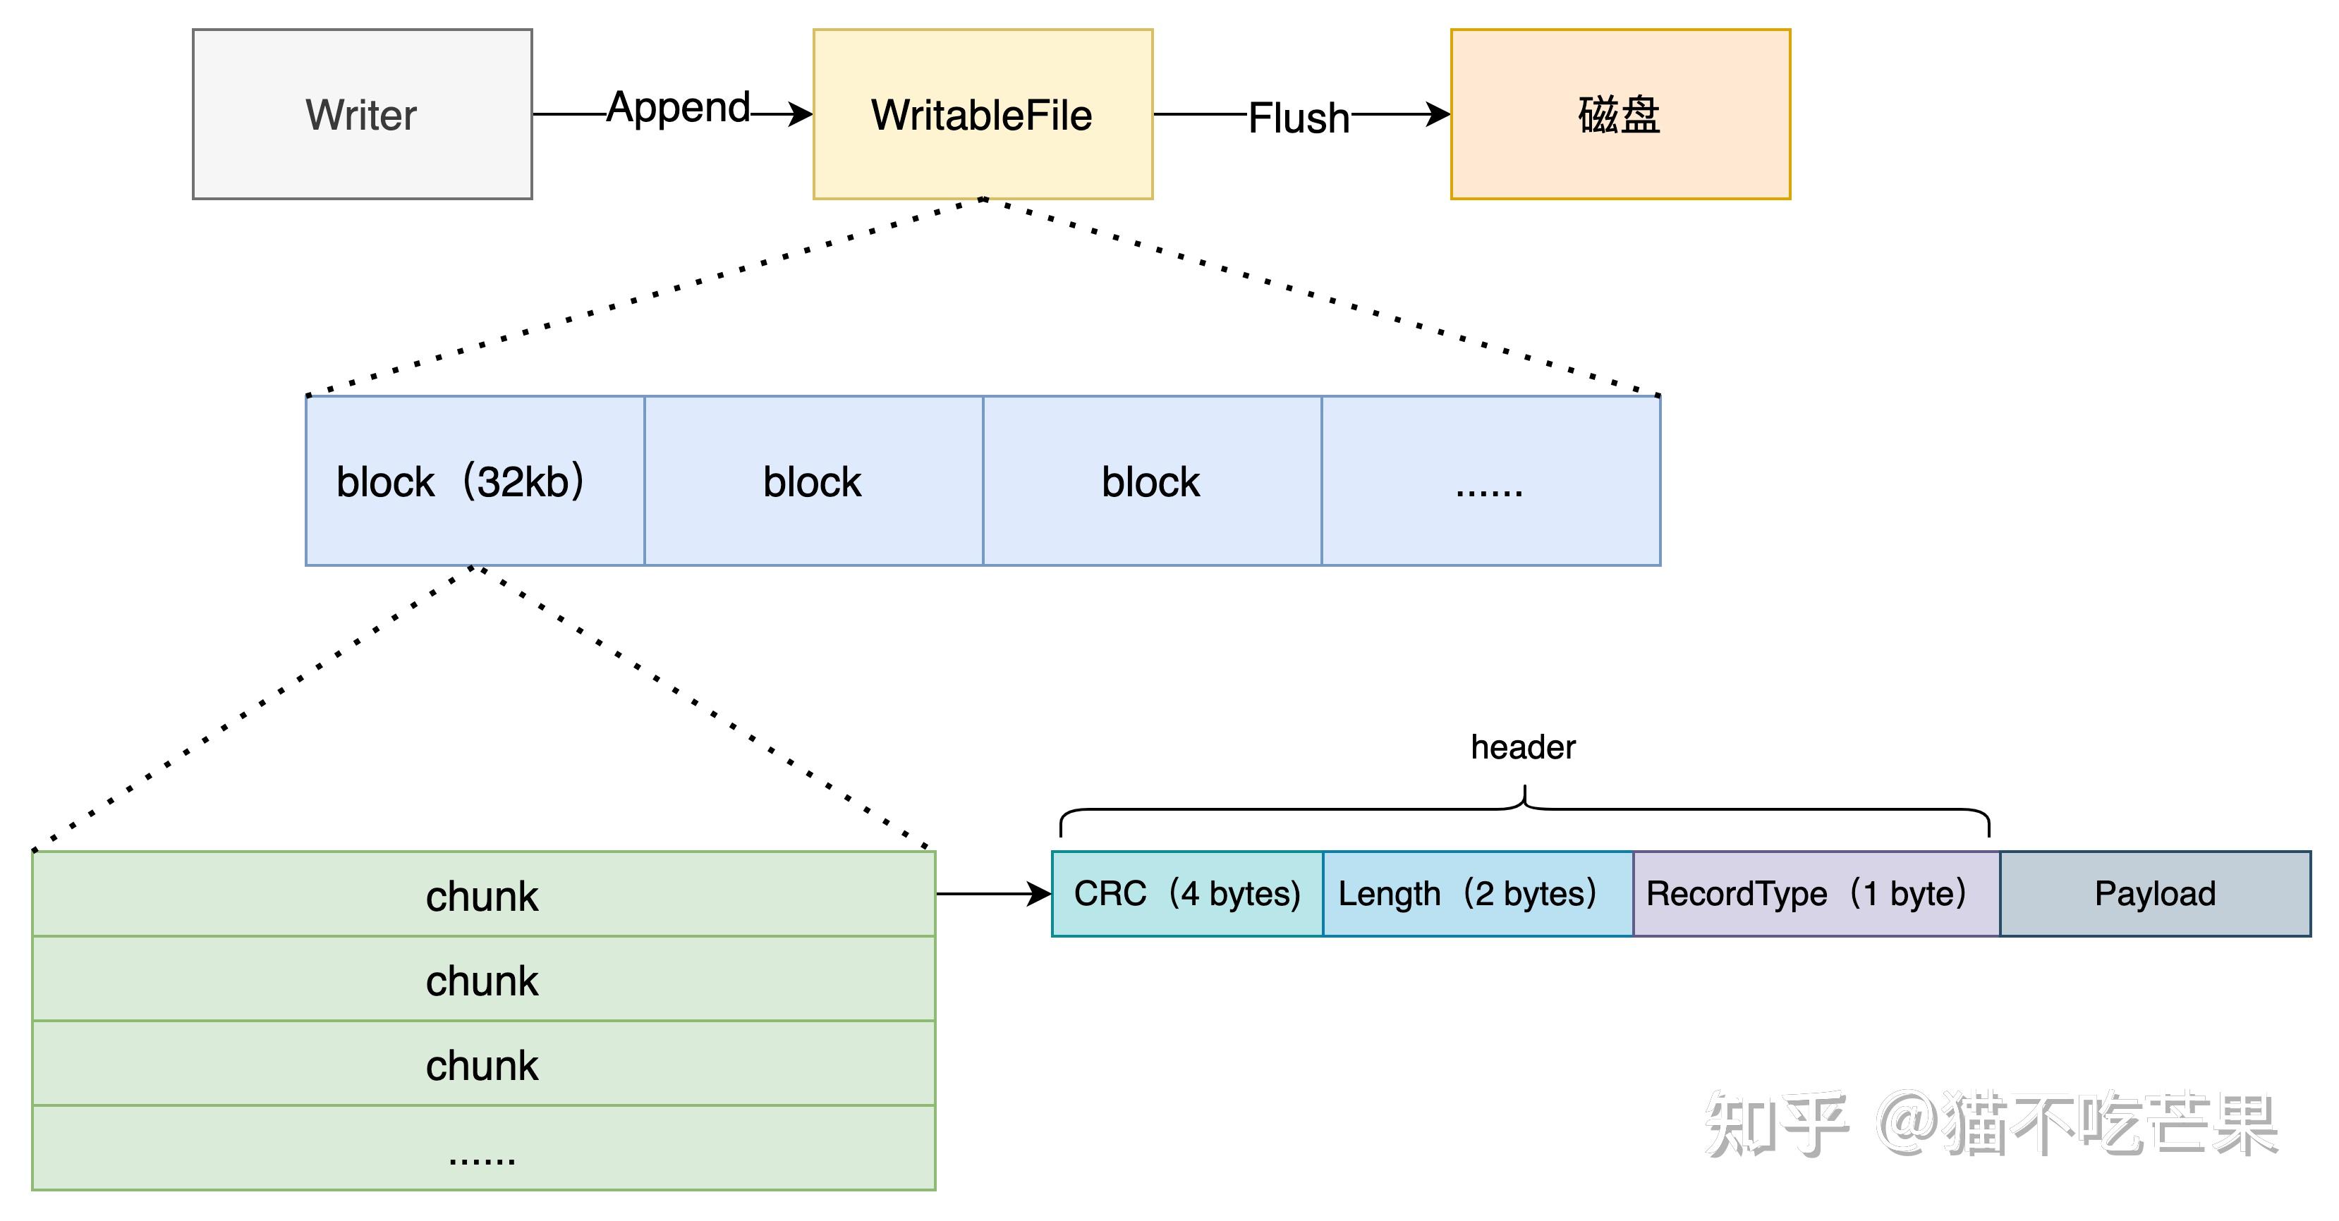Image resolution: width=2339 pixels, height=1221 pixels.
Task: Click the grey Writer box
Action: tap(361, 114)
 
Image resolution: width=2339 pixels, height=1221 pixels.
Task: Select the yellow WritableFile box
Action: tap(982, 114)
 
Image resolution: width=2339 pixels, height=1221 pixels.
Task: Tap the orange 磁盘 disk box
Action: tap(1619, 114)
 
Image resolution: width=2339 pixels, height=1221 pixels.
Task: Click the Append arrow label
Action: tap(679, 108)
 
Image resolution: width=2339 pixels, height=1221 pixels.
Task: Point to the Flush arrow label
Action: tap(1299, 118)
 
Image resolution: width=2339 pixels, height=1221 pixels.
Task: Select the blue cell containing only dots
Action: tap(1490, 481)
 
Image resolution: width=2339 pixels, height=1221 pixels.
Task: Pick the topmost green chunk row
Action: tap(482, 895)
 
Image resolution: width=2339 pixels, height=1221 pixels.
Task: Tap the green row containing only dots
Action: tap(482, 1148)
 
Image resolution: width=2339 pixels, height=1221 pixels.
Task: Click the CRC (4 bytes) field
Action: tap(1186, 893)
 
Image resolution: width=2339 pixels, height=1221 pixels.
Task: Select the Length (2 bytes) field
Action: tap(1476, 893)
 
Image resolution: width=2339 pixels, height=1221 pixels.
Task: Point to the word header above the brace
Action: tap(1523, 747)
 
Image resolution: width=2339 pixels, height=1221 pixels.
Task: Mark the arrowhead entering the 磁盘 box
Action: tap(1438, 114)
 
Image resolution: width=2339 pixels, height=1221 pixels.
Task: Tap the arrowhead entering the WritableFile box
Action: tap(801, 114)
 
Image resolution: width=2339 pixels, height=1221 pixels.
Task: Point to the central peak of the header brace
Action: tap(1524, 794)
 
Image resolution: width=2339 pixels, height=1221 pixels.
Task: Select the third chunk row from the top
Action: tap(482, 1064)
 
